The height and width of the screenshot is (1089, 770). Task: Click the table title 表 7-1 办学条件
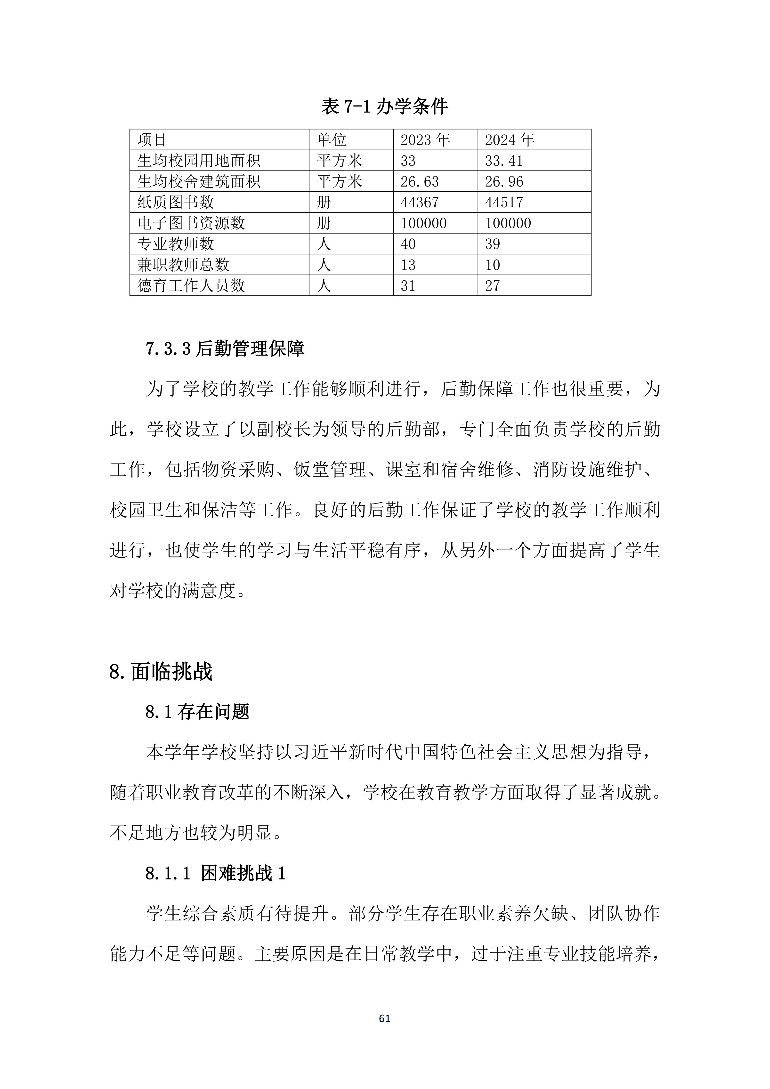click(x=385, y=106)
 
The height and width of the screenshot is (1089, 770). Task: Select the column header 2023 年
click(x=425, y=140)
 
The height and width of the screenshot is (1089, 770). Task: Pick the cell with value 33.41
click(x=503, y=161)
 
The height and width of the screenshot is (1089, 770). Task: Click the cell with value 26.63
click(x=420, y=182)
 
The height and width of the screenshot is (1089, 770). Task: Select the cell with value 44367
click(x=420, y=203)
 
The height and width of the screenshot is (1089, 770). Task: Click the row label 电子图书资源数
click(x=191, y=223)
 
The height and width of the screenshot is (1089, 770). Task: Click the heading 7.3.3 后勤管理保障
click(x=225, y=349)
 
